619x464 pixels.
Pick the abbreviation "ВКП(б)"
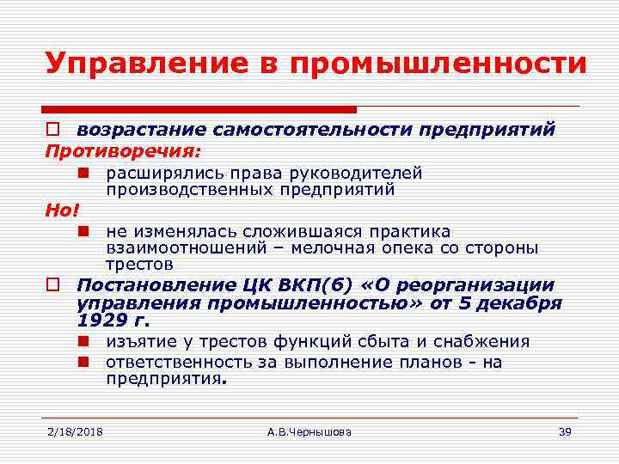coord(322,285)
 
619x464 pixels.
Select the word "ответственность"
coord(180,362)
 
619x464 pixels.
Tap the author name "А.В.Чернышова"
coord(309,430)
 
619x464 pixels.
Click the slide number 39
coord(565,430)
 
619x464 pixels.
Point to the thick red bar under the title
coord(199,110)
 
